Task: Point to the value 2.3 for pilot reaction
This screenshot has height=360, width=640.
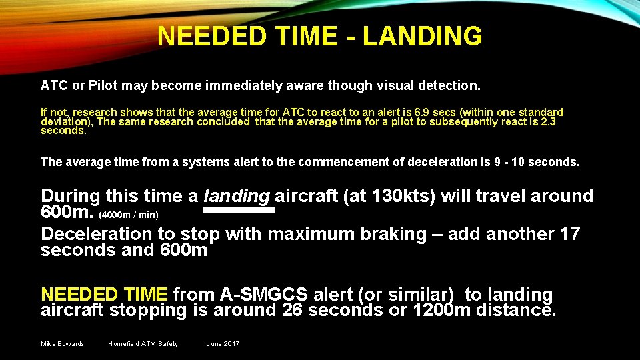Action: click(548, 121)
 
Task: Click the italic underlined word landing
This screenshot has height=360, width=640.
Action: click(237, 196)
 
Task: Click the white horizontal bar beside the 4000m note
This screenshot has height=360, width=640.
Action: click(239, 209)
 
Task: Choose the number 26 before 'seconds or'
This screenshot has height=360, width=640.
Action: click(294, 310)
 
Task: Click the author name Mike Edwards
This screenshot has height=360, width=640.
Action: click(63, 344)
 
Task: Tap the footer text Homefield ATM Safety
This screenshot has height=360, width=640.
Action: click(143, 344)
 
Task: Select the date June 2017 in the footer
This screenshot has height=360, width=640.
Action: click(223, 344)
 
